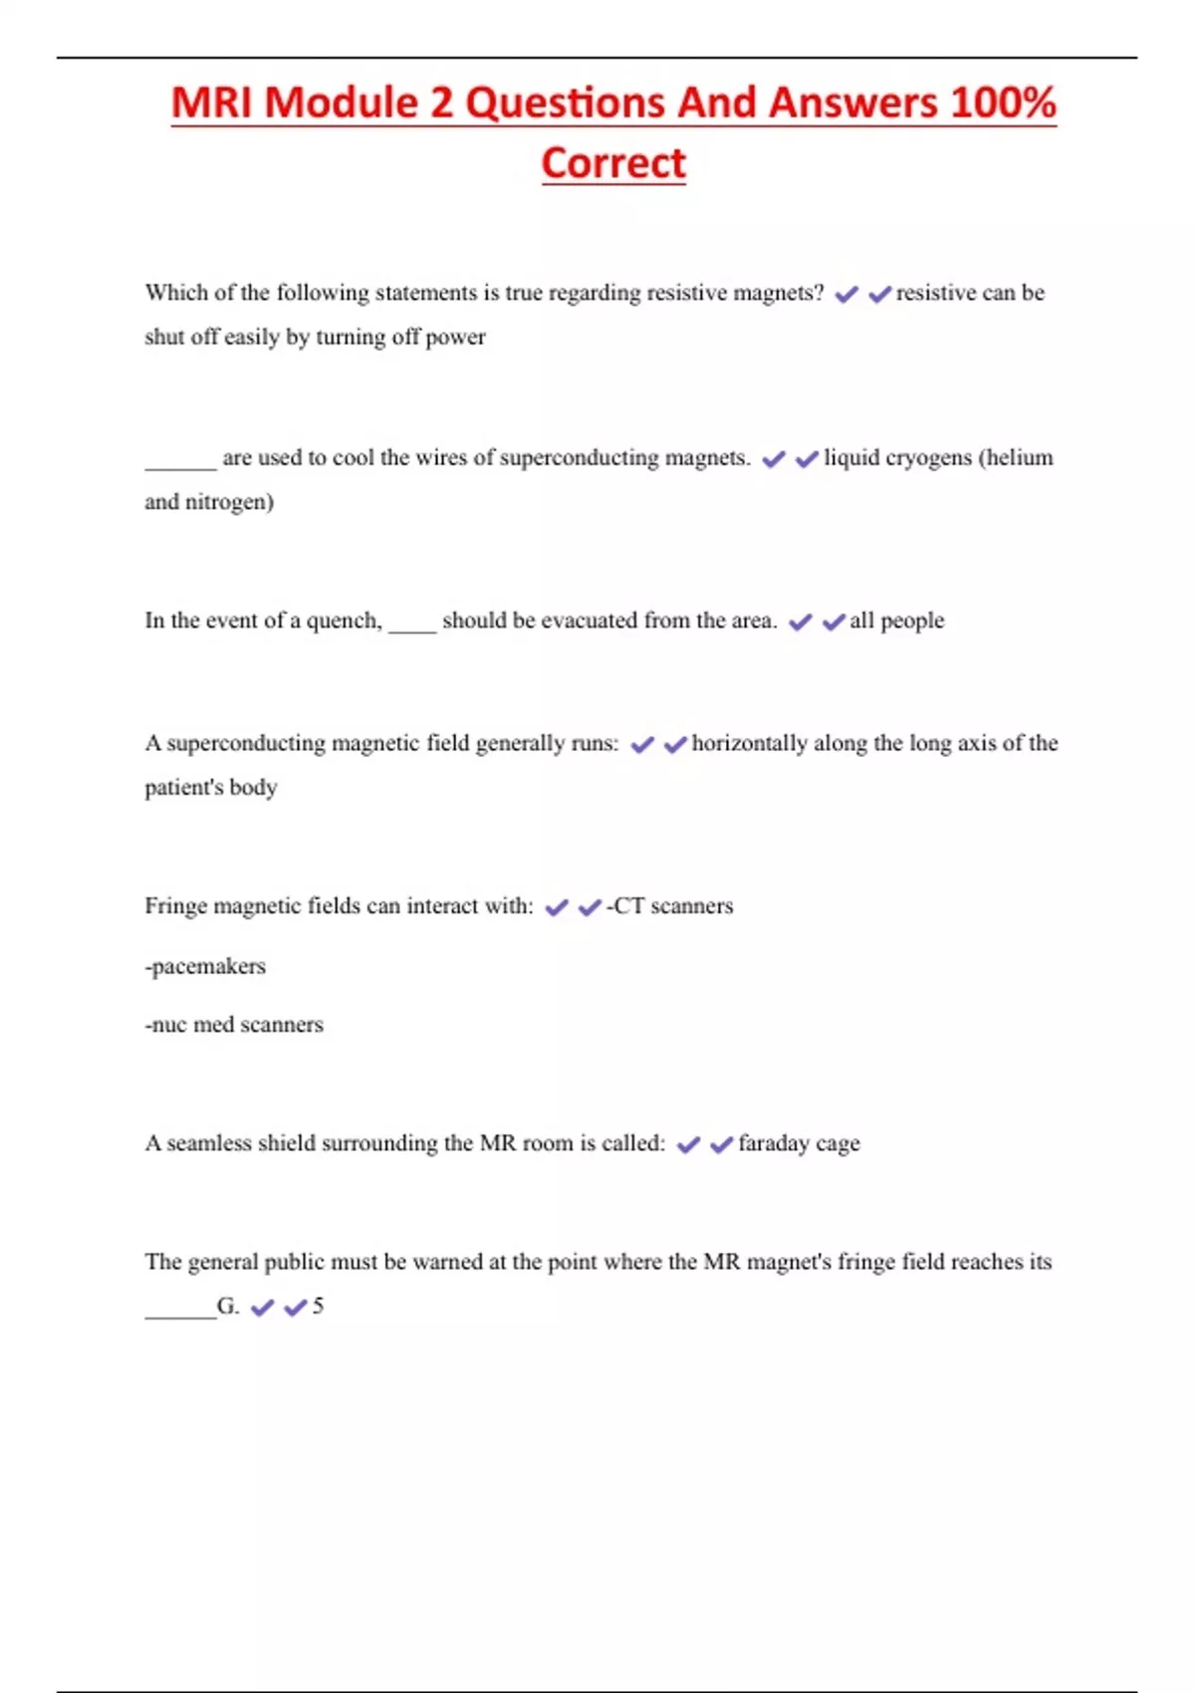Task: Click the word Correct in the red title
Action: pos(613,163)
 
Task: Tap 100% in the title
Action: pos(1003,104)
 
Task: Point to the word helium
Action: pos(1021,458)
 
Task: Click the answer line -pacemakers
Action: pos(205,966)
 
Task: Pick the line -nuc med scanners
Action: pos(234,1025)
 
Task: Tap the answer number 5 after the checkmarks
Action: pos(318,1306)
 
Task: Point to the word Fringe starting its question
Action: pos(175,906)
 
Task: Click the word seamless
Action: pos(209,1143)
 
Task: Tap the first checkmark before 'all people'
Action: pos(801,622)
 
